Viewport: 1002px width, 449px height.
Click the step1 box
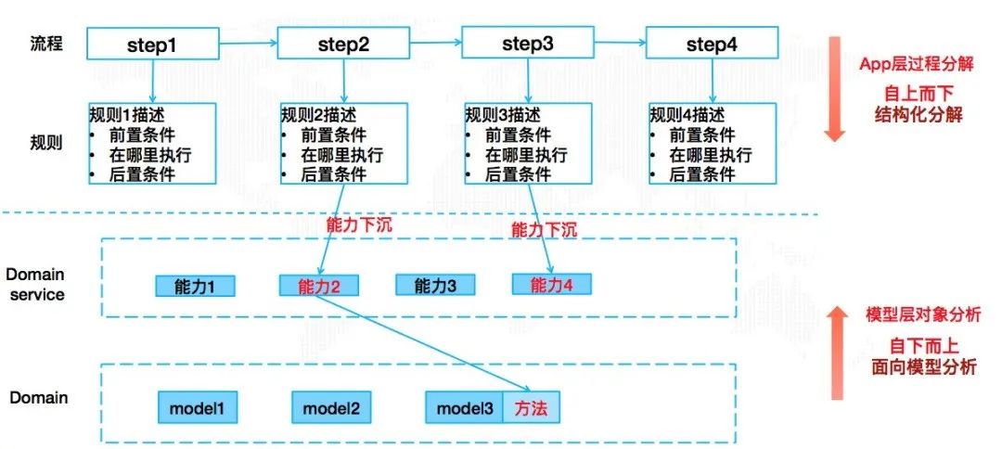coord(152,45)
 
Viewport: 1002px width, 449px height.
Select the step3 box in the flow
coord(527,44)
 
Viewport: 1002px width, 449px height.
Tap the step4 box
coord(713,45)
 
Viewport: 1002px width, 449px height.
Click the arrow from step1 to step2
coord(248,43)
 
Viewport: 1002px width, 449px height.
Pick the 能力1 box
coord(195,286)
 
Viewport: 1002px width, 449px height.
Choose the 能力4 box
coord(551,285)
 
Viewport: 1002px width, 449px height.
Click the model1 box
coord(197,406)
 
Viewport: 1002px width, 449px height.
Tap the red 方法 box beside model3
coord(533,406)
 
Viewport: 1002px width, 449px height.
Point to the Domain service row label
coord(35,285)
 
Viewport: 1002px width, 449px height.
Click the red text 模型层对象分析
coord(923,315)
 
